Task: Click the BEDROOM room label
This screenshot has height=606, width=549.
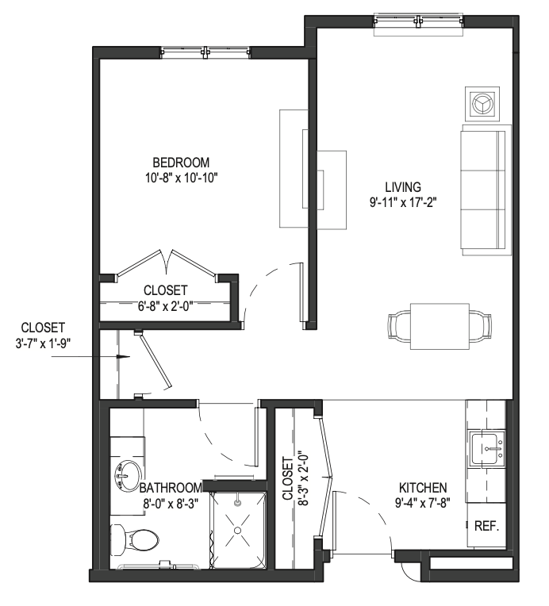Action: [x=181, y=162]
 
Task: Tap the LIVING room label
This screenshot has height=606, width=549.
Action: [x=403, y=187]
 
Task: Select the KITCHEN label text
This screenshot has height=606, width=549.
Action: [x=423, y=487]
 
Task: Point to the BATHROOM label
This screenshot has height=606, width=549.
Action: [x=171, y=488]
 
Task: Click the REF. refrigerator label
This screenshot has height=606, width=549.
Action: [x=487, y=526]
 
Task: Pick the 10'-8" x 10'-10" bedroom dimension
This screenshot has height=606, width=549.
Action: [x=182, y=178]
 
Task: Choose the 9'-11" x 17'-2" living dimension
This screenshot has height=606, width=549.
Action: [x=403, y=202]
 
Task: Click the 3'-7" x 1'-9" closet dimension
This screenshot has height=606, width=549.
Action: [x=43, y=343]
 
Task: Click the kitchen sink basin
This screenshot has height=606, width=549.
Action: [x=486, y=449]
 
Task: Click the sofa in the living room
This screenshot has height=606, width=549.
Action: [x=486, y=190]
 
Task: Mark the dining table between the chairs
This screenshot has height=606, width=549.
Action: [x=440, y=327]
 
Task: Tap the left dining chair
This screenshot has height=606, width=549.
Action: [x=399, y=327]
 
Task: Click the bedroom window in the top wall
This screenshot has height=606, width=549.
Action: [x=205, y=52]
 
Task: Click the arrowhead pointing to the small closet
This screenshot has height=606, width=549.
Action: [x=124, y=357]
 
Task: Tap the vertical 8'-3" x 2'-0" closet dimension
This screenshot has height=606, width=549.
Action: [x=294, y=478]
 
